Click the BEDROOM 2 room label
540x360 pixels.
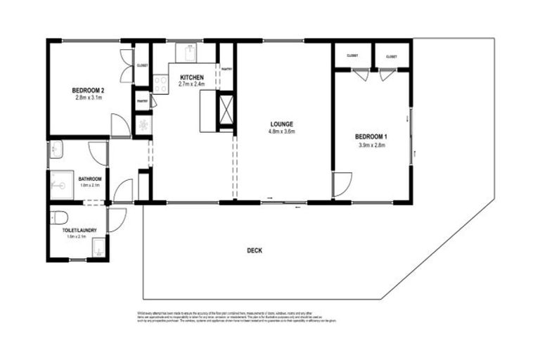pos(88,91)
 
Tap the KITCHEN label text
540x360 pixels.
pos(192,77)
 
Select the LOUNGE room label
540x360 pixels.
pos(281,124)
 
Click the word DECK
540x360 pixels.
pos(255,250)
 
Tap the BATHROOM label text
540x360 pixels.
pos(90,179)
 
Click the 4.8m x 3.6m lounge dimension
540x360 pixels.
pos(281,131)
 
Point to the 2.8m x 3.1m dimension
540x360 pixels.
pos(88,98)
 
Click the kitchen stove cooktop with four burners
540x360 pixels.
pos(160,84)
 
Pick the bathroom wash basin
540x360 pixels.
pos(57,149)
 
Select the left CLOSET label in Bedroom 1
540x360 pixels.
pos(352,56)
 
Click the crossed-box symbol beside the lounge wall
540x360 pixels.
pos(226,109)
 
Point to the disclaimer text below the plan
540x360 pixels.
pos(236,318)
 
